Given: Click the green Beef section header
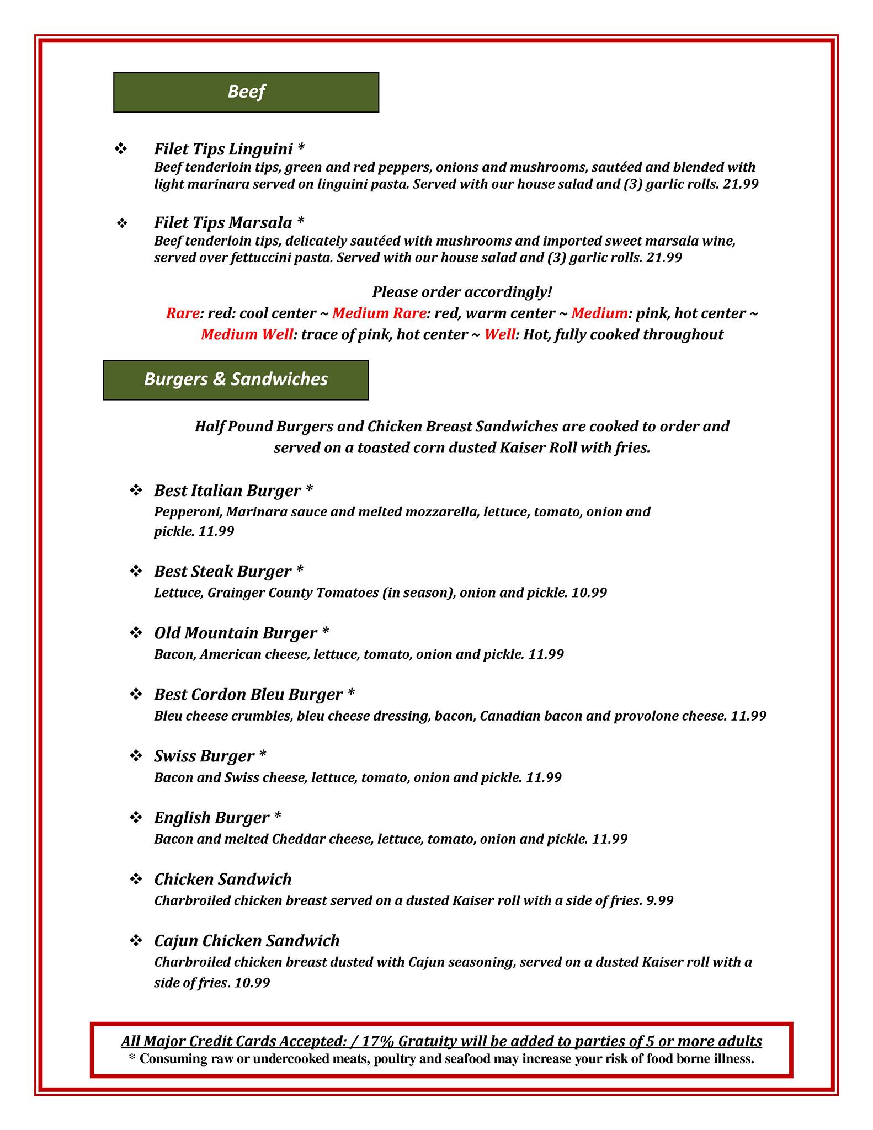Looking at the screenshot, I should tap(246, 92).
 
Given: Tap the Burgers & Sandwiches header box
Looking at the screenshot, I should tap(236, 380).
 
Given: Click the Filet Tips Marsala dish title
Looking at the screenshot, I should tap(223, 222).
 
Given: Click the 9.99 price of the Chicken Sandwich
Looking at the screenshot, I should tap(660, 900).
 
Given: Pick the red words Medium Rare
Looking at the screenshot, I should tap(379, 313).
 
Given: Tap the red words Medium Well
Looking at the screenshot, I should tap(246, 334).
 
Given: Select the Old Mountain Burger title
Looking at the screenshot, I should tap(236, 633).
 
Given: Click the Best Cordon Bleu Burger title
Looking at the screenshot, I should tap(248, 694).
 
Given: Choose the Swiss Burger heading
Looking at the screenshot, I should tap(204, 756).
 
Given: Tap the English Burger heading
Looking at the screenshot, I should tap(212, 817).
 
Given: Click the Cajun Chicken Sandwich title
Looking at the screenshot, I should tap(247, 940).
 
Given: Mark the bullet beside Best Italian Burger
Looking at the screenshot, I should tap(136, 491).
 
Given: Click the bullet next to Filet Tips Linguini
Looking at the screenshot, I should tap(121, 149).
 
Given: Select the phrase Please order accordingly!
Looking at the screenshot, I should tap(462, 291).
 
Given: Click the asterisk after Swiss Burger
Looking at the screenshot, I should tap(263, 754).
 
